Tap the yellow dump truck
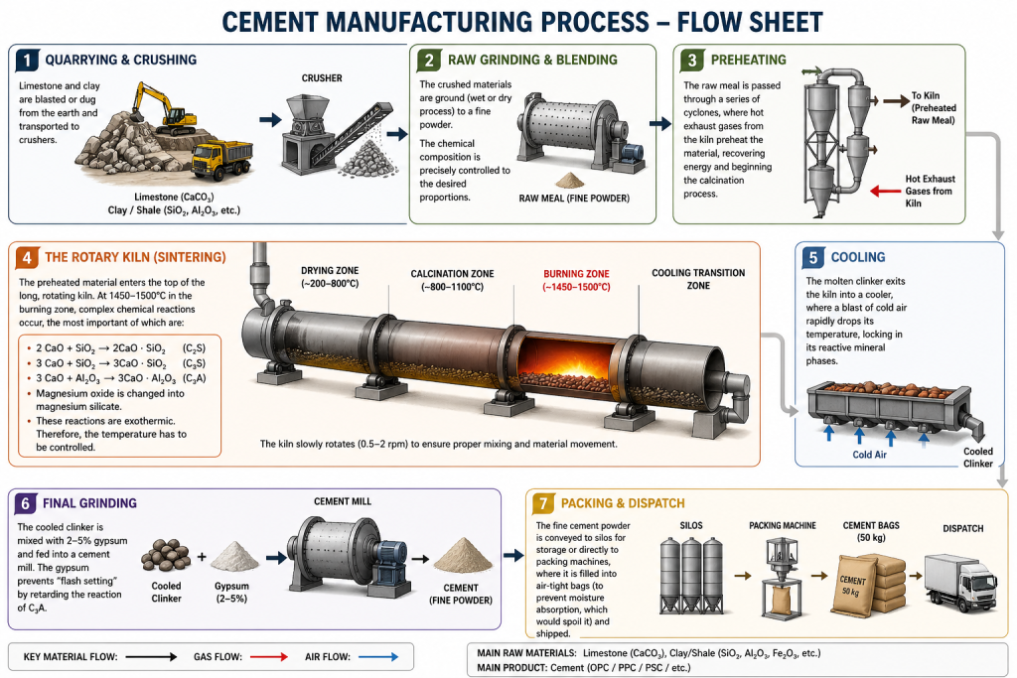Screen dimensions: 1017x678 [x=222, y=158]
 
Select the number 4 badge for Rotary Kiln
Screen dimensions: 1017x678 [x=27, y=257]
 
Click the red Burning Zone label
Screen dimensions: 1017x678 [x=576, y=280]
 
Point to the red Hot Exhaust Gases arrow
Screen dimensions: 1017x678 [x=885, y=191]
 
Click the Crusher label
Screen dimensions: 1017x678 [x=322, y=77]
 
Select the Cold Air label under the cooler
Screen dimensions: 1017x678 [x=869, y=455]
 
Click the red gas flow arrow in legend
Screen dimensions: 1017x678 [x=269, y=656]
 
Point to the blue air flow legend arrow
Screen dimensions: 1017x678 [x=378, y=656]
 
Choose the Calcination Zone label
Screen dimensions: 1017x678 [x=452, y=280]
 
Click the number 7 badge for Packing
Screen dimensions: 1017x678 [x=543, y=503]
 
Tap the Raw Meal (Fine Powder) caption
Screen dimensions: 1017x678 [x=574, y=199]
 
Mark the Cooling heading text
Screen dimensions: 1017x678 [x=857, y=257]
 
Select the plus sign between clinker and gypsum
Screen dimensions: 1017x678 [x=202, y=556]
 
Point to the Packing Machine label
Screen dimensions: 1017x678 [x=783, y=526]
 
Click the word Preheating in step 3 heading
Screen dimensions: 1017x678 [x=749, y=60]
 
